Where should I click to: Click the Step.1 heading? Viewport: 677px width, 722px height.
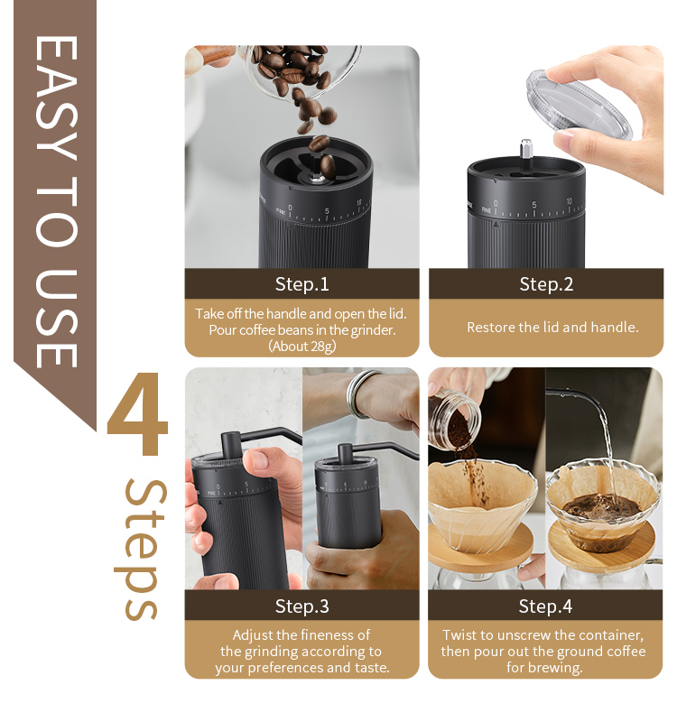point(302,284)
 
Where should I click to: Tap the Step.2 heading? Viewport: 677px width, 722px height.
point(546,284)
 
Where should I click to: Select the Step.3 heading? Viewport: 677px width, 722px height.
point(302,606)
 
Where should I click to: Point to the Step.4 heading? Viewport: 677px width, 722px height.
point(545,606)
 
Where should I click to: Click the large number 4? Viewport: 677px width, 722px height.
point(138,413)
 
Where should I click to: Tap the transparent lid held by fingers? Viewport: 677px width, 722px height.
point(579,105)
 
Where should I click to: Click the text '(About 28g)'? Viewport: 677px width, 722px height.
point(302,346)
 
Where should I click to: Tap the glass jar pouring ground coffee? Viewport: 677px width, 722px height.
point(454,419)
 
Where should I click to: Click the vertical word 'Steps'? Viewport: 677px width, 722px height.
point(141,550)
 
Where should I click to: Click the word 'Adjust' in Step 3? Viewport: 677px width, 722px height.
point(252,635)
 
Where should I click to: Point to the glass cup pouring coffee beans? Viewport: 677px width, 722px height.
point(300,70)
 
